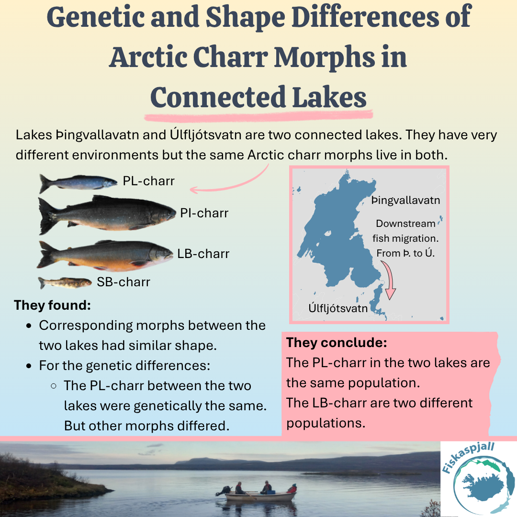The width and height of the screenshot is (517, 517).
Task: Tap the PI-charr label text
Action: [x=204, y=214]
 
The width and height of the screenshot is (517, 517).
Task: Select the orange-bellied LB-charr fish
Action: [x=105, y=255]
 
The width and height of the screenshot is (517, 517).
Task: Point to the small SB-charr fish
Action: [x=65, y=282]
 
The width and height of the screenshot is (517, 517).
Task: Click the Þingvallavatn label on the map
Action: [x=405, y=201]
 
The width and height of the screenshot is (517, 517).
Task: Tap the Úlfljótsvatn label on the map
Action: [x=338, y=308]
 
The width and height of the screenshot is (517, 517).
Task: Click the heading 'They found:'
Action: [x=53, y=305]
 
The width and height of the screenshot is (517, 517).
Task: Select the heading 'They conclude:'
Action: [x=337, y=343]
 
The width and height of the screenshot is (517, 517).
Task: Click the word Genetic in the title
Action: [x=95, y=18]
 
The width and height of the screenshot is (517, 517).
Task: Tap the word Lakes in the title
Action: [x=329, y=97]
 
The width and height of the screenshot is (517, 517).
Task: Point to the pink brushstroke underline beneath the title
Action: [x=258, y=116]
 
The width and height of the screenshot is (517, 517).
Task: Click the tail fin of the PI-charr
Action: [x=48, y=216]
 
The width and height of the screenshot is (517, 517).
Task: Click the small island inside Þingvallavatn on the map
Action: [x=327, y=234]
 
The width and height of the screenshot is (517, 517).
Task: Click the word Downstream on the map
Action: [x=405, y=224]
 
